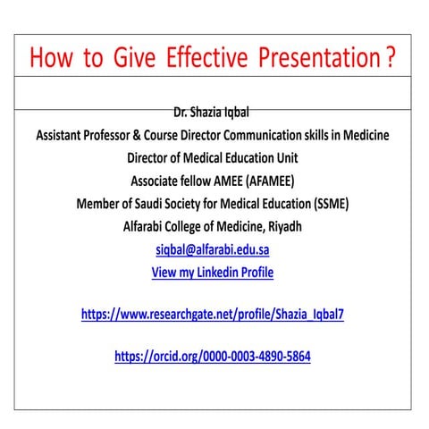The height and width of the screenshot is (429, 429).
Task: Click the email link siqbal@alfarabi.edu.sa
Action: (213, 249)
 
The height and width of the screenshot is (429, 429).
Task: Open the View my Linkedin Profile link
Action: (213, 273)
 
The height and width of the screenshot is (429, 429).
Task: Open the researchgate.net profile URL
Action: (213, 315)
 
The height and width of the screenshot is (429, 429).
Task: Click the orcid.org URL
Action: (213, 356)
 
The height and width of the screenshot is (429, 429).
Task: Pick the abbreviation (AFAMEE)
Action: (259, 181)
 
